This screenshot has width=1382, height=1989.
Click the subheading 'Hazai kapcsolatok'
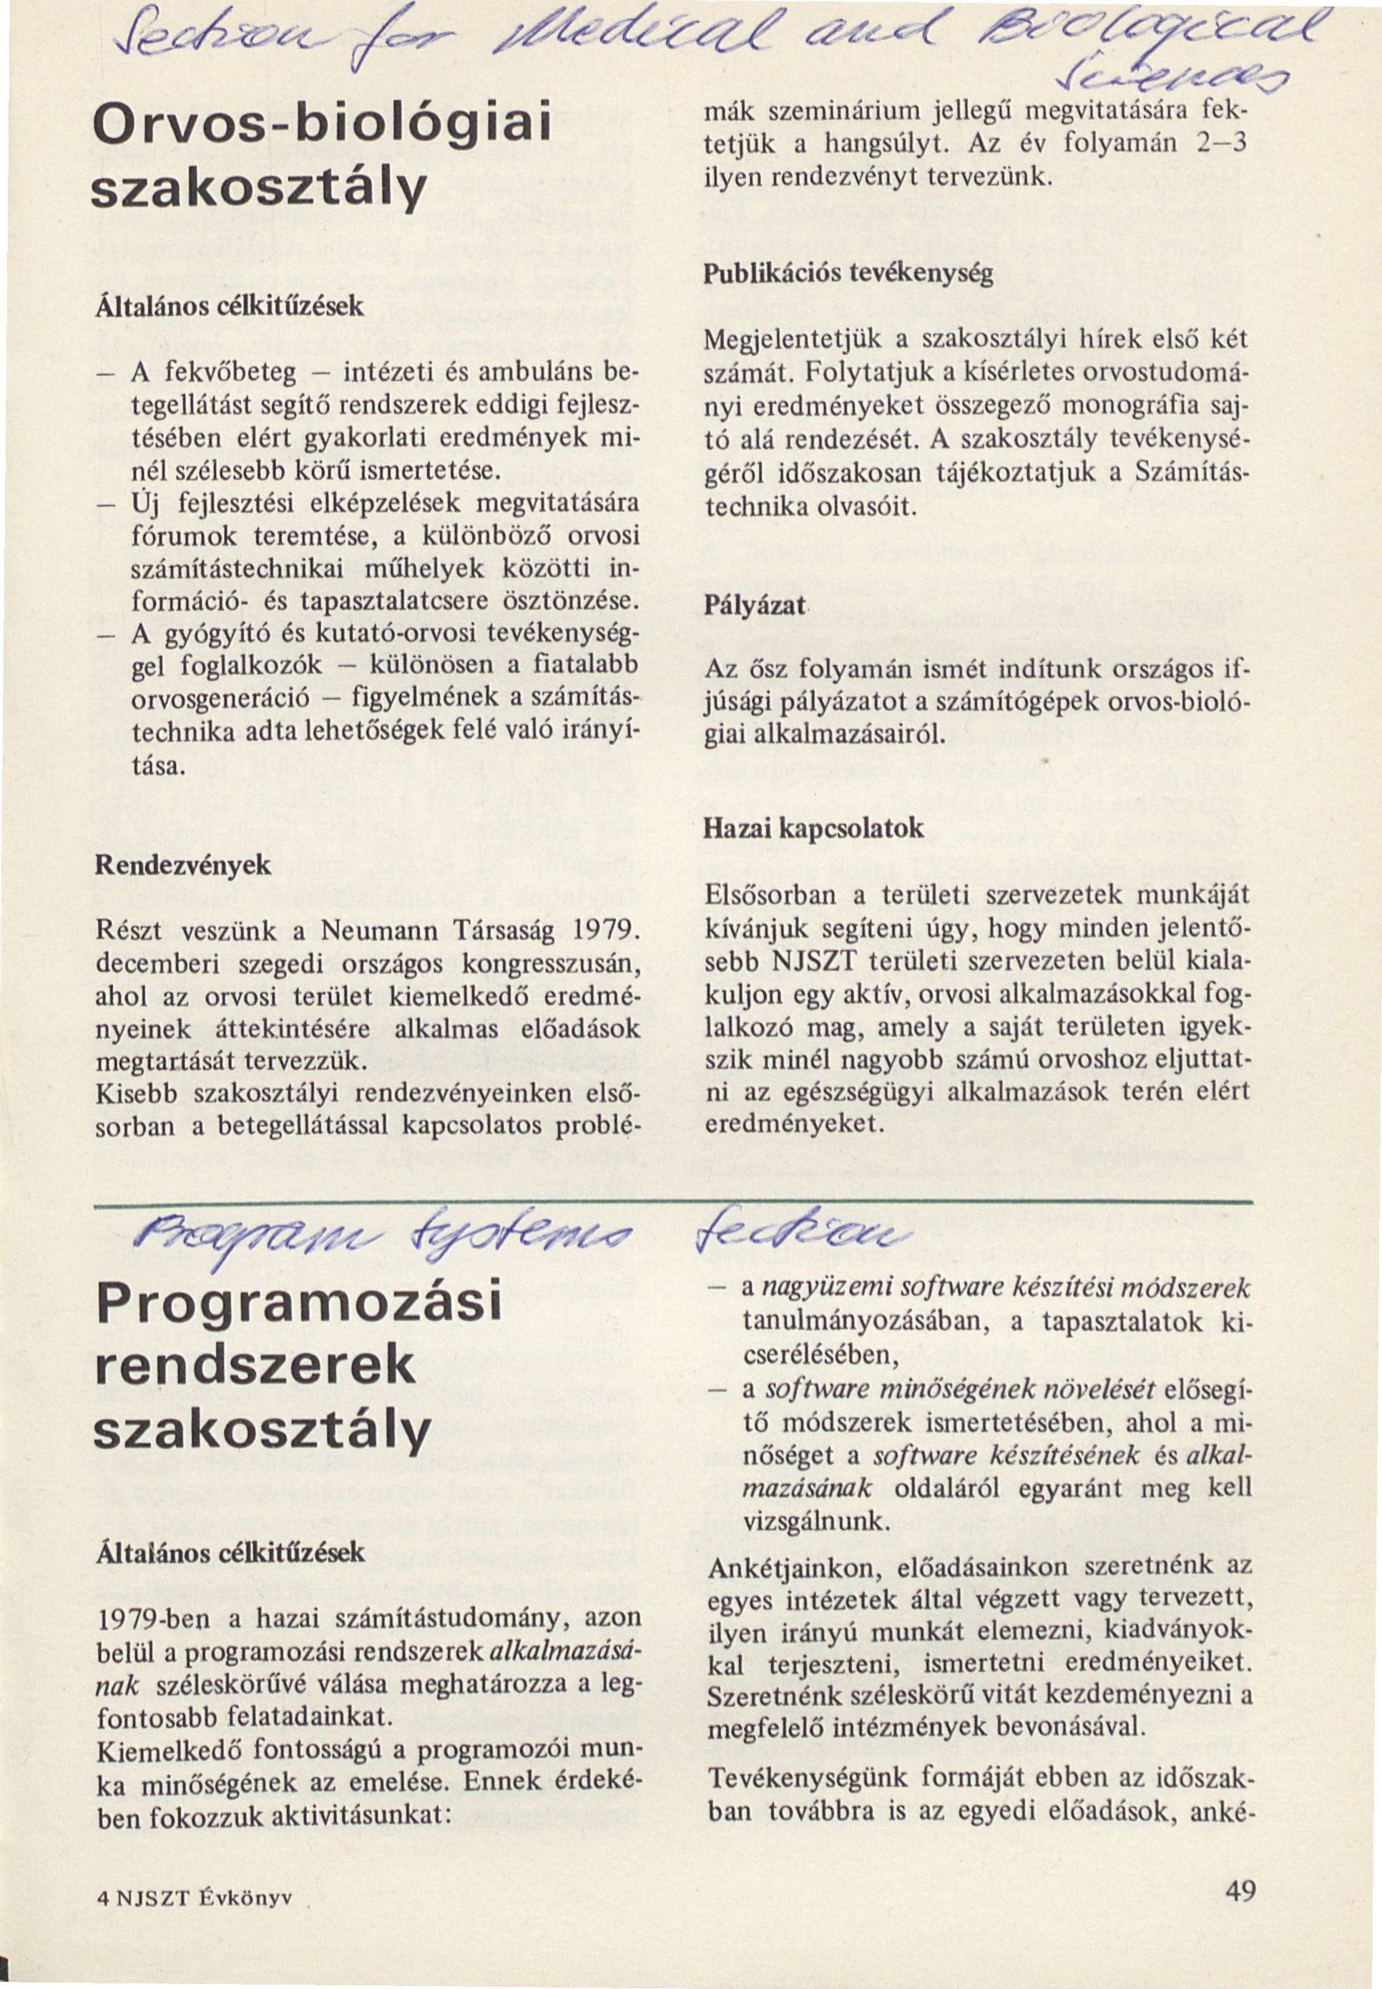coord(813,829)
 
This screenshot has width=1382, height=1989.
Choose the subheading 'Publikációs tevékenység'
coord(848,275)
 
